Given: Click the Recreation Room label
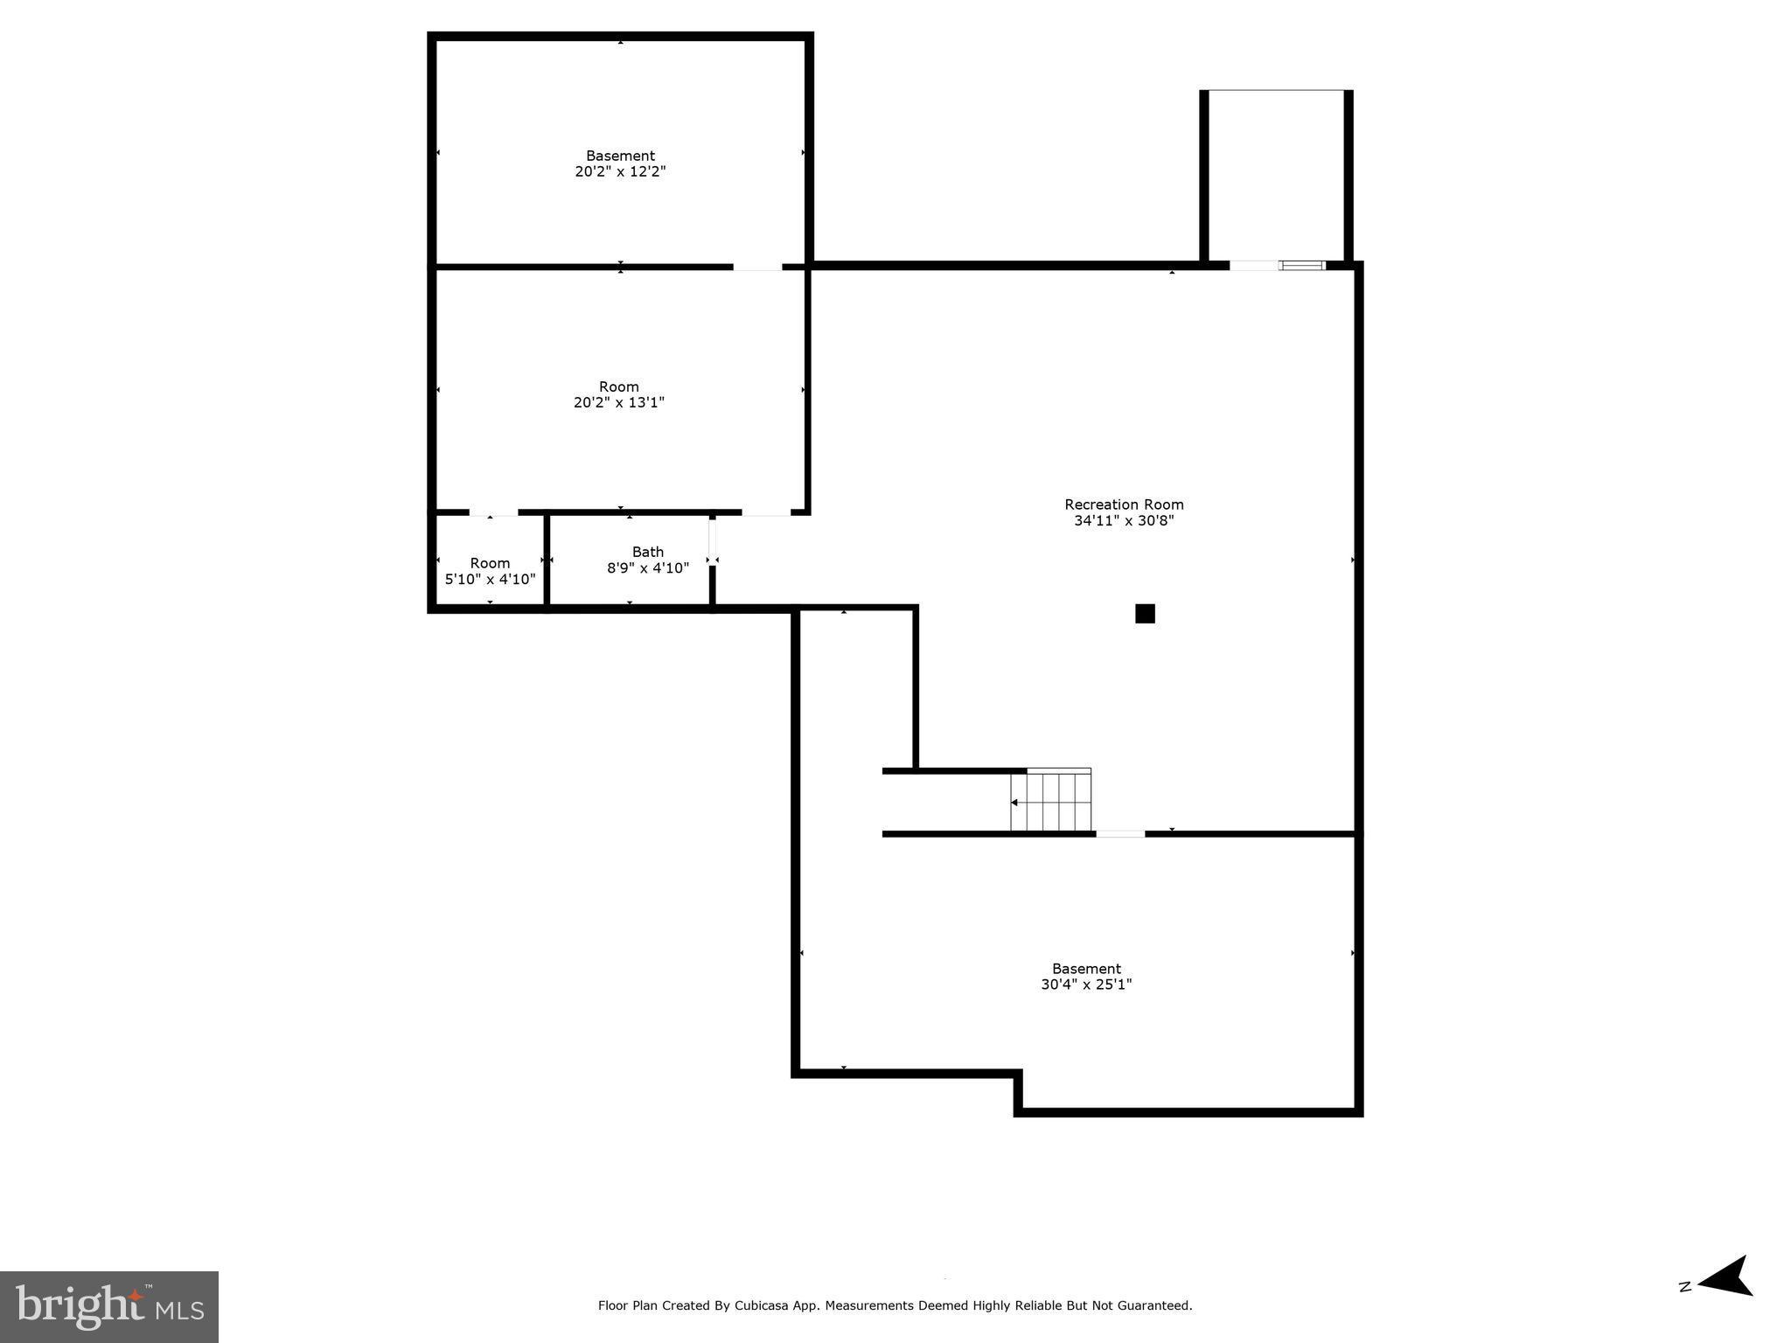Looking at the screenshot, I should [1124, 504].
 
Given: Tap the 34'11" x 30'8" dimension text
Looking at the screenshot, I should [1124, 521].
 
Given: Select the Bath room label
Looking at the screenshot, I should [647, 552].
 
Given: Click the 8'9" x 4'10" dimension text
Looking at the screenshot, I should [648, 568].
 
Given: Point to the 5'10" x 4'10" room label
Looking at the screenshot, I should [490, 579].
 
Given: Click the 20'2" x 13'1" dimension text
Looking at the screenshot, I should [619, 403].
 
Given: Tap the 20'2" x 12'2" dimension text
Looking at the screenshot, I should [620, 172].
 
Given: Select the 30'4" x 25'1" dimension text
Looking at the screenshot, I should [1086, 985].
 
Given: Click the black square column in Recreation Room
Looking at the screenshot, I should [1145, 614].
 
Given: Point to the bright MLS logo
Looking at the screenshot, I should [109, 1306].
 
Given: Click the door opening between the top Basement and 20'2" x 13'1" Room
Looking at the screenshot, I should [757, 267].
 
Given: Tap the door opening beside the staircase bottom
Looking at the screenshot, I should [1120, 834].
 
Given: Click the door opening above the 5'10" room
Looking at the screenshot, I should [493, 512].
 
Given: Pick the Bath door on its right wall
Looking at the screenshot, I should [713, 542].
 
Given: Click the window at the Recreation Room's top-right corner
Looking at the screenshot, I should [1302, 265].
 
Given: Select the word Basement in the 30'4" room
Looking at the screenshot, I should [1086, 969].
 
